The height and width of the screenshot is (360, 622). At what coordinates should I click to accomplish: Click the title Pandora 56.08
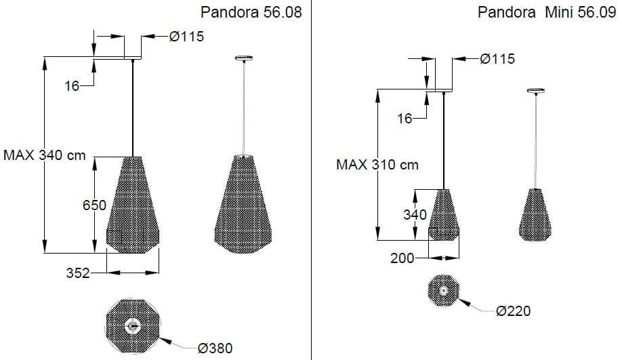[x=251, y=13]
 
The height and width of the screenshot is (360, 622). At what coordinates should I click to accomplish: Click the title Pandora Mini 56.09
[x=547, y=13]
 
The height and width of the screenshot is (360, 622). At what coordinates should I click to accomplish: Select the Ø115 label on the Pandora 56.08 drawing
[x=186, y=37]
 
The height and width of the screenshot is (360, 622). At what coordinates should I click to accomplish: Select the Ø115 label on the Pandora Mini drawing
[x=497, y=59]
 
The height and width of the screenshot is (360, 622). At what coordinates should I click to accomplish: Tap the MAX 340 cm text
[x=45, y=155]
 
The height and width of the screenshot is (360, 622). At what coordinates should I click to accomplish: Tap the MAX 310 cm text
[x=377, y=164]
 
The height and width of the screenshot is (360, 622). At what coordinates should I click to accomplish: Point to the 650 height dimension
[x=95, y=205]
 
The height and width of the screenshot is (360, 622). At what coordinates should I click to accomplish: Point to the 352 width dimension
[x=78, y=273]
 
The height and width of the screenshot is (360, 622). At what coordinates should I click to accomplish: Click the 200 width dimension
[x=402, y=258]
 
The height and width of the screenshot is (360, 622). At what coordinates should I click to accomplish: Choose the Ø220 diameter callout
[x=513, y=311]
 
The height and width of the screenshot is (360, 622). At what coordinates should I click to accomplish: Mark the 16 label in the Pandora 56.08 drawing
[x=72, y=85]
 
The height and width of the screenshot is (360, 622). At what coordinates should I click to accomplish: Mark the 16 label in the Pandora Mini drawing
[x=405, y=119]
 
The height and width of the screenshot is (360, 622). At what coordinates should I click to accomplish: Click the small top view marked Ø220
[x=443, y=290]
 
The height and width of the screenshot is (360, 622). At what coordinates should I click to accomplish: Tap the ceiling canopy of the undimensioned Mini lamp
[x=536, y=90]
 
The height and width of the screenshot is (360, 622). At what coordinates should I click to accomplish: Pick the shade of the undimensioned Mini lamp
[x=536, y=213]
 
